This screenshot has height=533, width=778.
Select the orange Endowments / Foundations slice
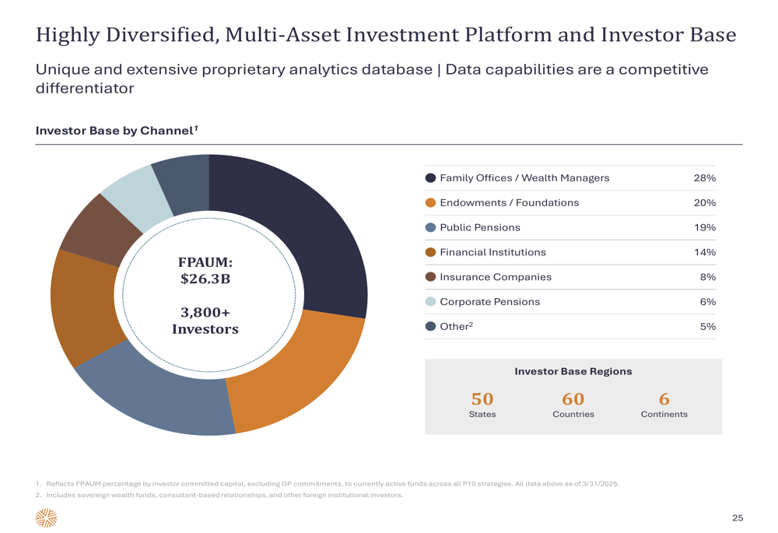pyautogui.click(x=293, y=372)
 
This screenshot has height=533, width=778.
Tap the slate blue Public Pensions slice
pyautogui.click(x=154, y=392)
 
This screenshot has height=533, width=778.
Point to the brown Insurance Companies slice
pyautogui.click(x=100, y=231)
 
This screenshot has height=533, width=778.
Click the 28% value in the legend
pyautogui.click(x=705, y=178)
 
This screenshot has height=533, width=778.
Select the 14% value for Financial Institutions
pyautogui.click(x=705, y=252)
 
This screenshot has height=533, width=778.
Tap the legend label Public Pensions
pyautogui.click(x=480, y=227)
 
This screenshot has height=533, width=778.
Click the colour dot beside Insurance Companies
pyautogui.click(x=431, y=277)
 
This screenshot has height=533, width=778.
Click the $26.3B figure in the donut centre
pyautogui.click(x=205, y=279)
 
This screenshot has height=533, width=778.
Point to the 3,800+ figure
pyautogui.click(x=205, y=313)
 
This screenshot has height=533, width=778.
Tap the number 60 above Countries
pyautogui.click(x=573, y=399)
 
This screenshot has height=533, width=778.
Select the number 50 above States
pyautogui.click(x=482, y=399)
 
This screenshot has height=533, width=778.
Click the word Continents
pyautogui.click(x=664, y=415)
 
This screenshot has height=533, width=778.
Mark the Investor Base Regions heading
pyautogui.click(x=573, y=371)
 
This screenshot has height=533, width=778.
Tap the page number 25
pyautogui.click(x=738, y=518)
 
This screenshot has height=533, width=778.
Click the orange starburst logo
pyautogui.click(x=46, y=517)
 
